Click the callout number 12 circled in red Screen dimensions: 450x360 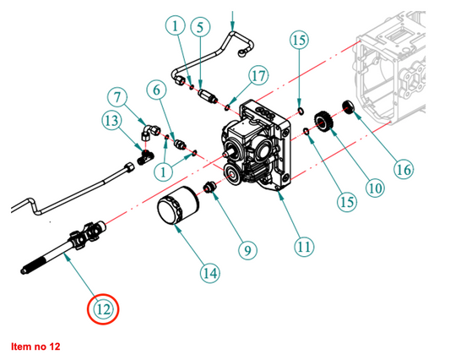[x=103, y=309]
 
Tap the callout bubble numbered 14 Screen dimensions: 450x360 [x=210, y=273]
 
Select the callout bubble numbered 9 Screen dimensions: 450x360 [x=247, y=250]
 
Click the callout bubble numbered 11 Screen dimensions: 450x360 [x=304, y=247]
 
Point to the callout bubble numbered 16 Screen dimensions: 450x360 [x=404, y=169]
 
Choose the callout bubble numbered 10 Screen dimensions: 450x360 [x=375, y=188]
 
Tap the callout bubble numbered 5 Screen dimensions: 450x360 [x=200, y=27]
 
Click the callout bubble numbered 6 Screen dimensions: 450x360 [x=156, y=90]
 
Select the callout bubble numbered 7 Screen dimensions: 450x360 [x=117, y=97]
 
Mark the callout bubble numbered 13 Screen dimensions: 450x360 [x=111, y=120]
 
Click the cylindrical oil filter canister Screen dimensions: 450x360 [x=178, y=205]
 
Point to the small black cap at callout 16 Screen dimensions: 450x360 [x=349, y=106]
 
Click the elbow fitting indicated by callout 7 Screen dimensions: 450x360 [x=150, y=132]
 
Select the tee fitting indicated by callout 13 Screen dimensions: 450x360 [x=145, y=158]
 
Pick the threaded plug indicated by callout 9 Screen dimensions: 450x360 [x=210, y=187]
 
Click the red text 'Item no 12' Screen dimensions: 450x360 [x=35, y=346]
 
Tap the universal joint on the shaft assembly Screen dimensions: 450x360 [x=88, y=234]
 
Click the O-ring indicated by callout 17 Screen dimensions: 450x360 [x=227, y=107]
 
